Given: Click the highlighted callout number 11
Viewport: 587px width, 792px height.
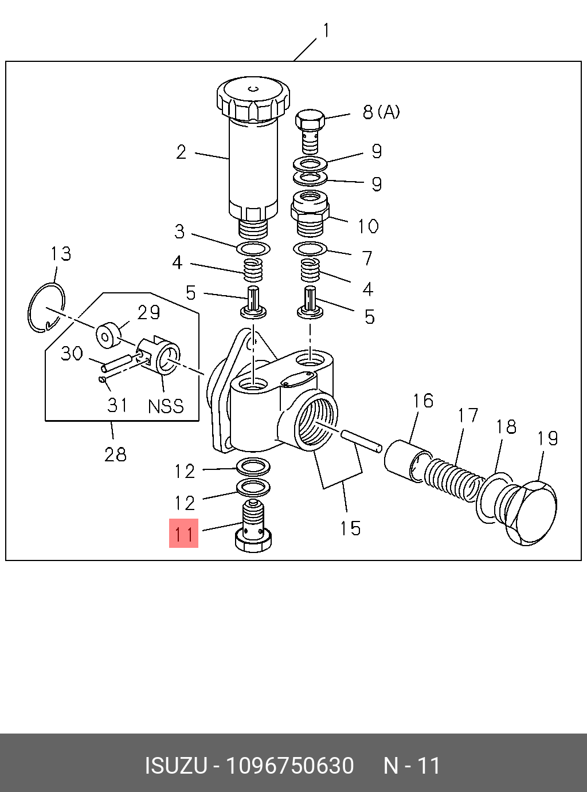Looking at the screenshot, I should coord(183,534).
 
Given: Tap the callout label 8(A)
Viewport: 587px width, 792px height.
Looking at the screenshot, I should coord(381,112).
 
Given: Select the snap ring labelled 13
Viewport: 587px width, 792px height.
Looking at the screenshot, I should coord(46,308).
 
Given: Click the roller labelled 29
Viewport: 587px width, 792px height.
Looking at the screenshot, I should coord(109,335).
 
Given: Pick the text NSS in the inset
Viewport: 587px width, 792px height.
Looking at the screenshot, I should coord(166,406).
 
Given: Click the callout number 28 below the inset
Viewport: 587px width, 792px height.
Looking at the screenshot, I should coord(115,454).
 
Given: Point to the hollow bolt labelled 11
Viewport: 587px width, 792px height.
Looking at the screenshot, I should coord(253,526).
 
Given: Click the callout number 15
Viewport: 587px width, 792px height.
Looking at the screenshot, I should coord(350,528).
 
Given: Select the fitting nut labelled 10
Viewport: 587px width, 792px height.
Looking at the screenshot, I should coord(310,213).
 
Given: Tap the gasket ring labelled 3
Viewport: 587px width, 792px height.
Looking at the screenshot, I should coord(253,249).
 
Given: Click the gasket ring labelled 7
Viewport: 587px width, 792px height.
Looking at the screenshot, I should coord(310,249).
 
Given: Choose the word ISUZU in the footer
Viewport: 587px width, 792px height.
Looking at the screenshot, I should coord(175,766).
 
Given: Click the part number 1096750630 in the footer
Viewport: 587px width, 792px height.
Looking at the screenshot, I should coord(289,766).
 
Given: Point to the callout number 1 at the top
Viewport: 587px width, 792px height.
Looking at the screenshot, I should coord(326,30).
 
